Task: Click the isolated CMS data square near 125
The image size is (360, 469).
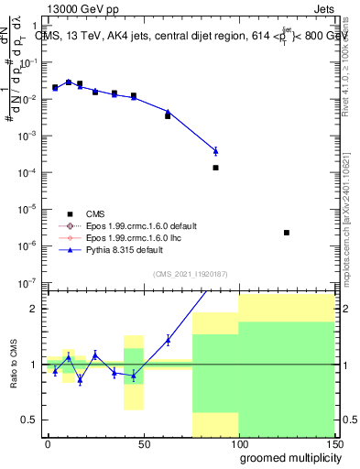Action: coord(287,233)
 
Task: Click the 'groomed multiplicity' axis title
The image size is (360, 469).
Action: coord(287,457)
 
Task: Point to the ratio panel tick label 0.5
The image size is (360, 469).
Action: coord(28,420)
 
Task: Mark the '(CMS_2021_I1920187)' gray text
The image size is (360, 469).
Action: coord(190,273)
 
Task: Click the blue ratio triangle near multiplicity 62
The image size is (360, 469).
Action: coord(168,340)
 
